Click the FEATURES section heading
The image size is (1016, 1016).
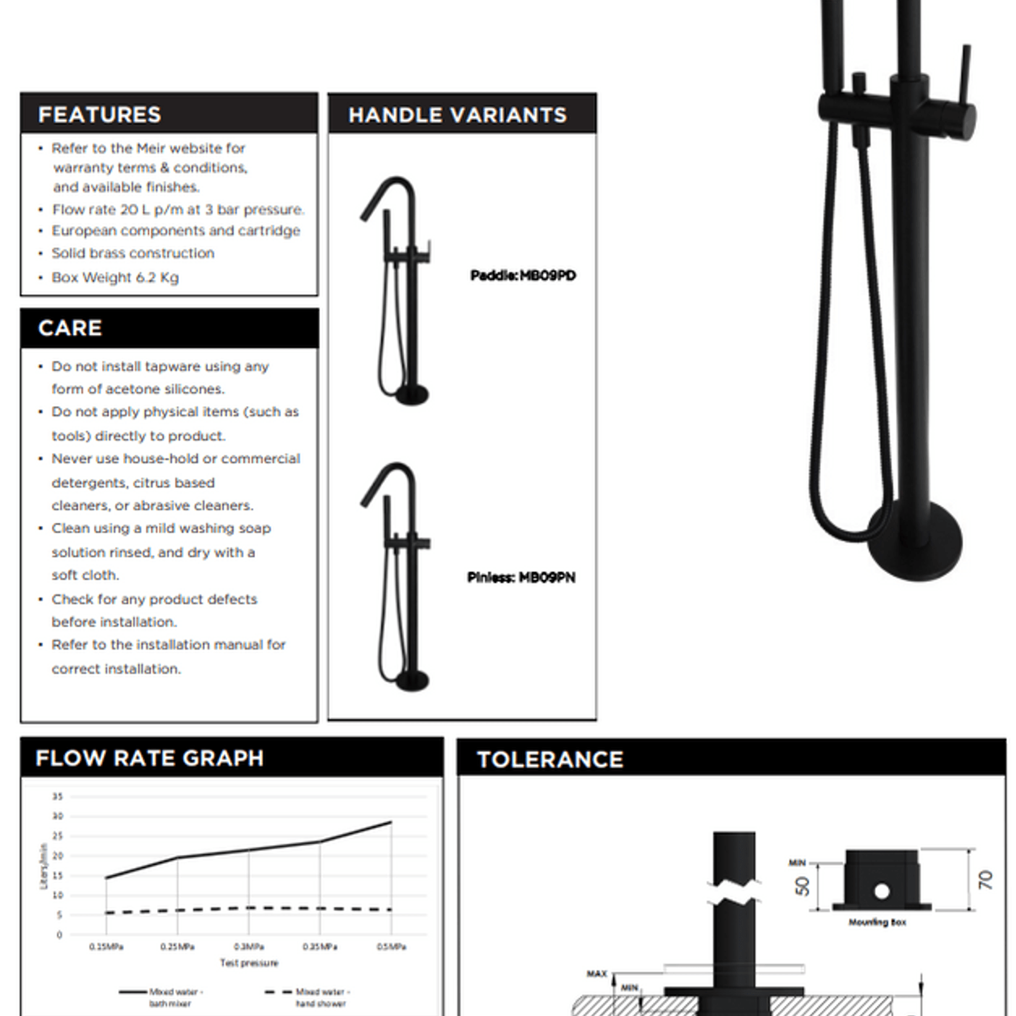tap(99, 115)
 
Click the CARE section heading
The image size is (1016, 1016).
tap(70, 328)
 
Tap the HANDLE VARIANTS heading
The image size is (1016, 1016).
tap(457, 115)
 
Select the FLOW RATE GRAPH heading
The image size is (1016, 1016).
tap(149, 758)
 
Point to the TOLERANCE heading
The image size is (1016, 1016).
tap(550, 759)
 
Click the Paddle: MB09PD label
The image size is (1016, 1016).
tap(523, 276)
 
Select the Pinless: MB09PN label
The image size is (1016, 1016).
tap(521, 578)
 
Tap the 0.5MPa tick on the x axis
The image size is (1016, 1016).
tap(391, 946)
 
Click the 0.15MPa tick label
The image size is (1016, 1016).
tap(106, 946)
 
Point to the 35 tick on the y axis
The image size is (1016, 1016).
tap(58, 797)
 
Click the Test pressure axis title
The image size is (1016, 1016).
tap(249, 963)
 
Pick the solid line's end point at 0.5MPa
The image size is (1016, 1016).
tap(391, 823)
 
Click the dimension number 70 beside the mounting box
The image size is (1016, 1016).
tap(986, 880)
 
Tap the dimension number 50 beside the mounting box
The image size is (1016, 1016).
tap(802, 886)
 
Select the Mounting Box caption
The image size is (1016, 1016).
tap(877, 922)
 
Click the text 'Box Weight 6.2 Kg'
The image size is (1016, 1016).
tap(115, 278)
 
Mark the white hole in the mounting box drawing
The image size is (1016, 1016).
tap(881, 891)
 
